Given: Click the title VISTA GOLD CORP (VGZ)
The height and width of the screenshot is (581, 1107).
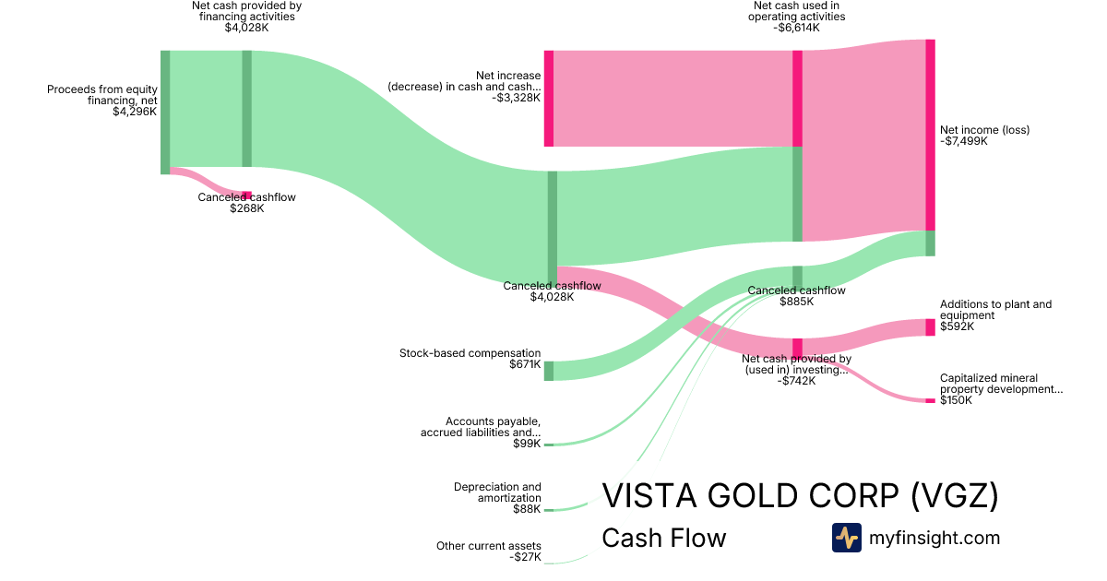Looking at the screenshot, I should tap(800, 496).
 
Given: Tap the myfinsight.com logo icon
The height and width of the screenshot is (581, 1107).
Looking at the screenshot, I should tap(846, 538).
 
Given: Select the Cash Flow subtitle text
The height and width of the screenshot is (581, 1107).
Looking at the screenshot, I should tap(663, 538).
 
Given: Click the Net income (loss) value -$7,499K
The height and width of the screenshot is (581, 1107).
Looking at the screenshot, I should tap(963, 141).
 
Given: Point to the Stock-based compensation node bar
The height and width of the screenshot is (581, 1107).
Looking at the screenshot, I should tap(548, 371).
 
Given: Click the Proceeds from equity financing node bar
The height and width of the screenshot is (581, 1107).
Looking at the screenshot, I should tap(165, 112).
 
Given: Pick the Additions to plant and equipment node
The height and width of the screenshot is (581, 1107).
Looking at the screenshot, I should tap(930, 327).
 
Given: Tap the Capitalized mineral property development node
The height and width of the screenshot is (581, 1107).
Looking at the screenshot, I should tap(930, 400).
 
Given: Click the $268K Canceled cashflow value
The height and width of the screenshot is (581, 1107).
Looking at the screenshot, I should tap(246, 208).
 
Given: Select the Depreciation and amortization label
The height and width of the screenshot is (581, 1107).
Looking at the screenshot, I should tap(497, 492).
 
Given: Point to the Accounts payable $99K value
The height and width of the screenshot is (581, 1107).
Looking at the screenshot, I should tap(527, 444).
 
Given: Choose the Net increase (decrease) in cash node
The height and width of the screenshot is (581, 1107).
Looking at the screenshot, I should tap(548, 99).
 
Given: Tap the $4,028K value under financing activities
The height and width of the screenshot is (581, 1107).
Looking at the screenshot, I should tap(246, 28).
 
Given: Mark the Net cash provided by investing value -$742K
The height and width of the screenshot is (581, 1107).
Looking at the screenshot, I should tap(796, 381).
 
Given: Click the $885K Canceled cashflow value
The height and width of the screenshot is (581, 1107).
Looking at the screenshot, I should tap(796, 302).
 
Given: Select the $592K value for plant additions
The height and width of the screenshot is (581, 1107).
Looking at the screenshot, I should tap(957, 326).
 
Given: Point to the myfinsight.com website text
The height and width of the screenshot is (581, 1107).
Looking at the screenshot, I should tap(934, 538).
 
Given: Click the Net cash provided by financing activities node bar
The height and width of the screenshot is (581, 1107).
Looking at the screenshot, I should tap(246, 109).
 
